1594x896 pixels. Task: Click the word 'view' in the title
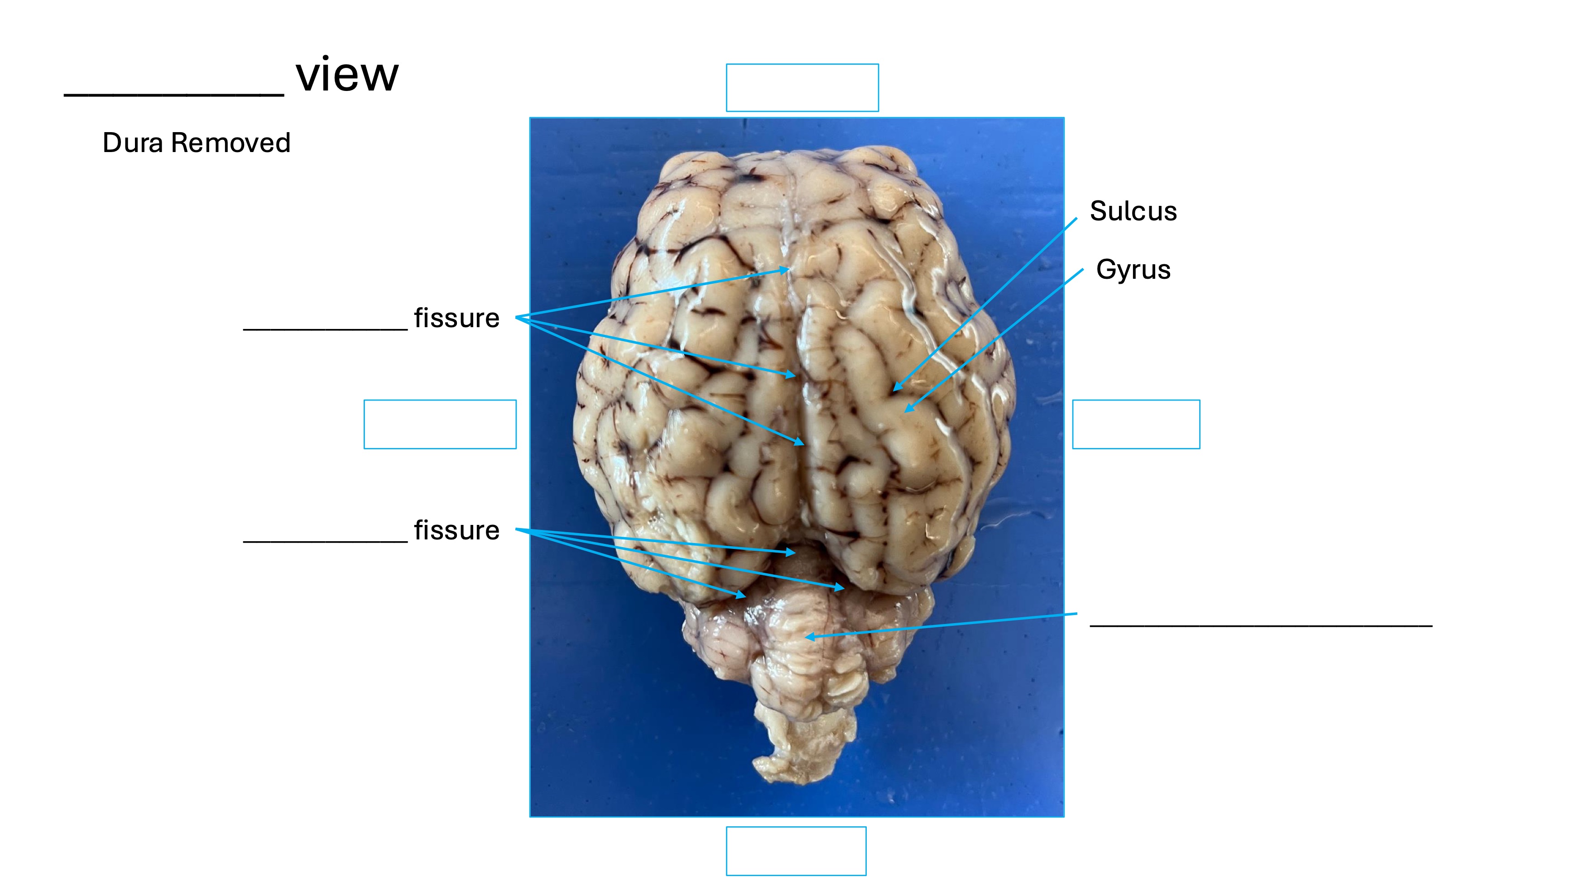point(347,76)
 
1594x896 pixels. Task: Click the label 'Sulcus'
point(1133,211)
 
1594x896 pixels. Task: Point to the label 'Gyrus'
point(1133,270)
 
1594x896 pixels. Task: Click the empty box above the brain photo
point(802,88)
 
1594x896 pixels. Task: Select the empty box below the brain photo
point(796,851)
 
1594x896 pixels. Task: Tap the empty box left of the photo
point(440,424)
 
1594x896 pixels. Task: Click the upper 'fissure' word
point(456,319)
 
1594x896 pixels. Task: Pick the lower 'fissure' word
point(456,530)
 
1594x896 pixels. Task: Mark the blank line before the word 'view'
point(174,94)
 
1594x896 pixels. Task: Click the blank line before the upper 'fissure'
point(326,329)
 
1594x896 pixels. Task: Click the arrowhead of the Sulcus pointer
point(896,388)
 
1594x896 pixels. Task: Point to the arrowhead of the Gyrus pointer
point(908,409)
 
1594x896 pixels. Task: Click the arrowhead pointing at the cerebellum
point(809,636)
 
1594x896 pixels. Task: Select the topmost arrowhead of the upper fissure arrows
point(787,270)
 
